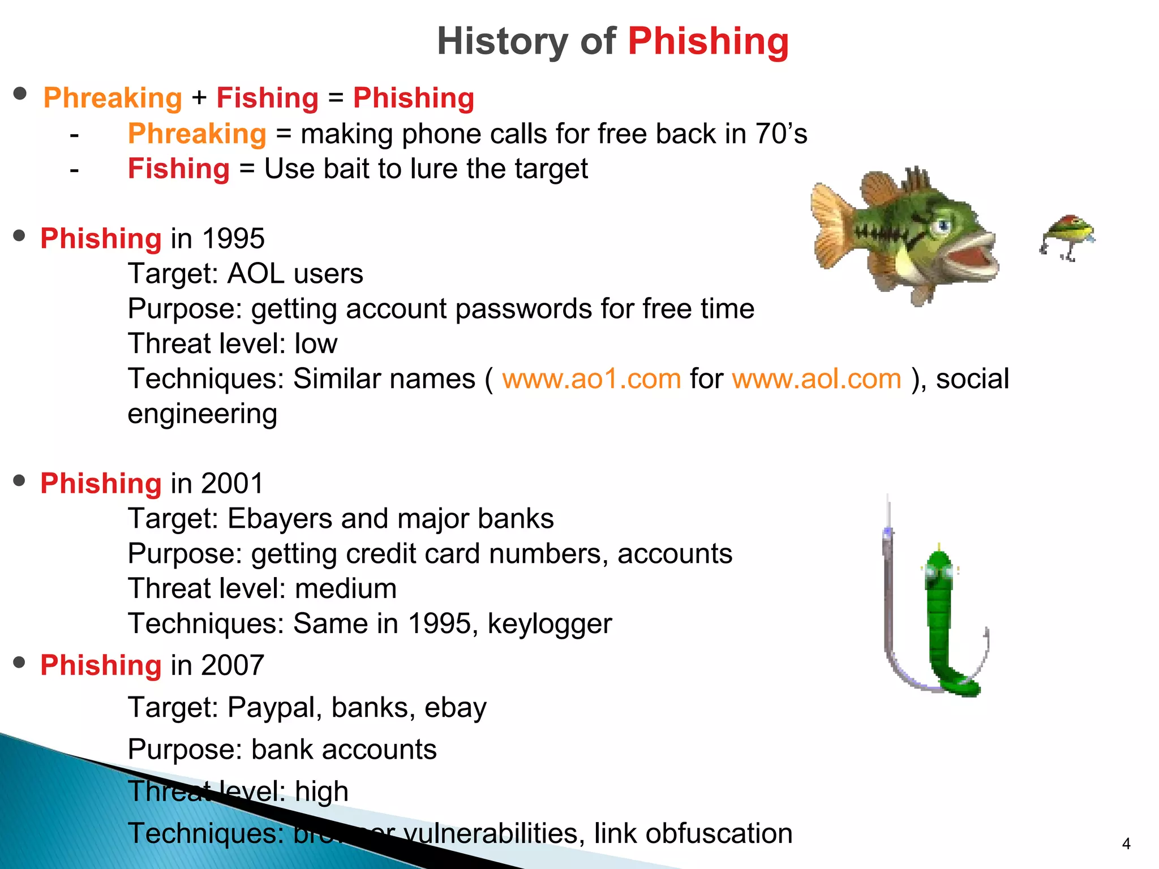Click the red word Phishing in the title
[x=708, y=41]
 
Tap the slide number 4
[x=1126, y=844]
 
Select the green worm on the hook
[x=944, y=622]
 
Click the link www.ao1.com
[x=591, y=378]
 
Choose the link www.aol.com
[x=816, y=378]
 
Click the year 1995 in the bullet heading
[x=233, y=238]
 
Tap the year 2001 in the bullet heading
[x=233, y=483]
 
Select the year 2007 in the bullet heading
[x=233, y=665]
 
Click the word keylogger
[x=550, y=623]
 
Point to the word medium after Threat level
[x=346, y=588]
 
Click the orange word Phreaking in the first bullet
[x=113, y=98]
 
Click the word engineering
[x=202, y=414]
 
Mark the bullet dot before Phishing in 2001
[x=20, y=481]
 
